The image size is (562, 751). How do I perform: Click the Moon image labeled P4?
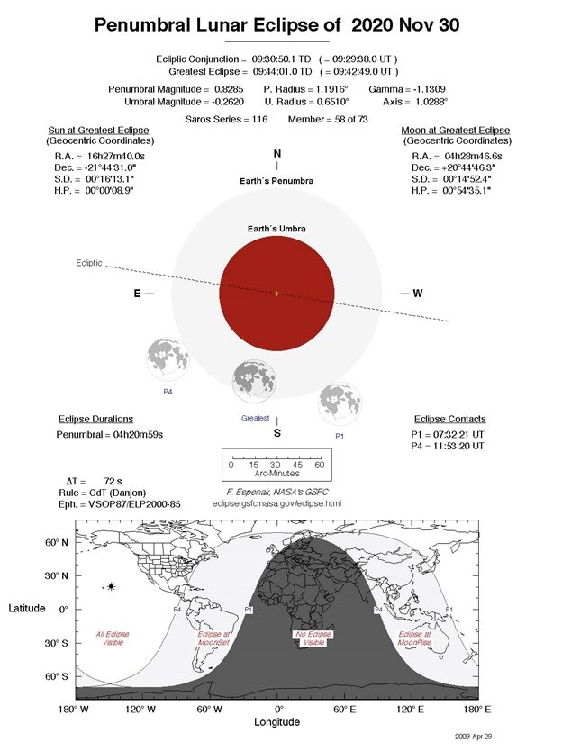tap(168, 359)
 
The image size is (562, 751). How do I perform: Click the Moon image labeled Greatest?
tap(254, 381)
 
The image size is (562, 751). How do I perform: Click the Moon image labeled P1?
tap(340, 403)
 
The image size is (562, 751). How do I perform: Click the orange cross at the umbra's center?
tap(276, 294)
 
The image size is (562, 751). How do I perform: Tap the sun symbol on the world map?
tap(111, 586)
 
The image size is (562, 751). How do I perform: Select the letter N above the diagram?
tap(276, 154)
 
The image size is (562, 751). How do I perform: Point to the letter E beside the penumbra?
tap(137, 294)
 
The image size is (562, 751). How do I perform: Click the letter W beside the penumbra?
tap(418, 294)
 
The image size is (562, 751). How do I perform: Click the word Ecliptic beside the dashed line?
tap(89, 263)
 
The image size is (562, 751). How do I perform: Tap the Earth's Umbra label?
tap(276, 229)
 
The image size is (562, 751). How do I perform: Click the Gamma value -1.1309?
tap(430, 89)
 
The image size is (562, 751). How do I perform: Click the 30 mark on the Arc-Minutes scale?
tap(275, 465)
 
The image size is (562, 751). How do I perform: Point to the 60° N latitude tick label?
tap(57, 543)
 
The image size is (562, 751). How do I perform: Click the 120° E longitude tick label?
tap(411, 710)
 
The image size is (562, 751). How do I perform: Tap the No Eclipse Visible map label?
tap(313, 638)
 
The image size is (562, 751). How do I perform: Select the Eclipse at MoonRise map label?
tap(415, 638)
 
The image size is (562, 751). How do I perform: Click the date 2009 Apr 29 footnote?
tap(474, 737)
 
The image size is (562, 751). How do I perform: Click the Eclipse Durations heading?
tap(95, 419)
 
